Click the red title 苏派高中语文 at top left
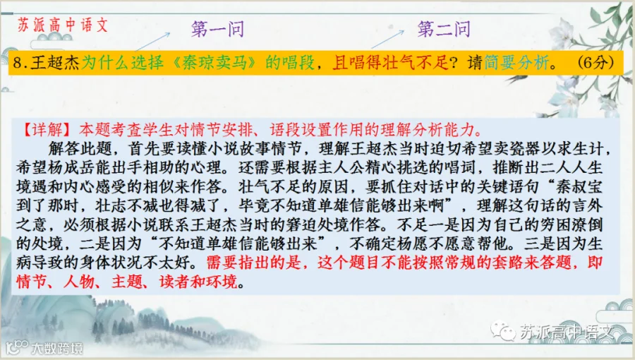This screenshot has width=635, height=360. click(x=63, y=25)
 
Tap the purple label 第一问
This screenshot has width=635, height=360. click(x=217, y=29)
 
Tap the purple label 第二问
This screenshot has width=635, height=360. click(x=444, y=29)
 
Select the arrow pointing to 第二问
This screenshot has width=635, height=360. click(x=387, y=40)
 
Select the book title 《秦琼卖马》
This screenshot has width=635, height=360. click(x=214, y=63)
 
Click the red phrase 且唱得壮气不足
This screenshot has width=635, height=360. click(x=390, y=63)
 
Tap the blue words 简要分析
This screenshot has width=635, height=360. click(x=516, y=63)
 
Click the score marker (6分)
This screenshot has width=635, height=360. click(x=595, y=63)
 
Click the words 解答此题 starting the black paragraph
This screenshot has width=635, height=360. click(x=80, y=149)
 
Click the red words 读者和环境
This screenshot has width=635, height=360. click(x=198, y=282)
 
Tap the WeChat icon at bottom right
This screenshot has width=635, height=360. click(x=503, y=331)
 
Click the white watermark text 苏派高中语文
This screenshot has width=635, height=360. click(x=567, y=332)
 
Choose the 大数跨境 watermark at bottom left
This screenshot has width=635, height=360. click(x=44, y=348)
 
